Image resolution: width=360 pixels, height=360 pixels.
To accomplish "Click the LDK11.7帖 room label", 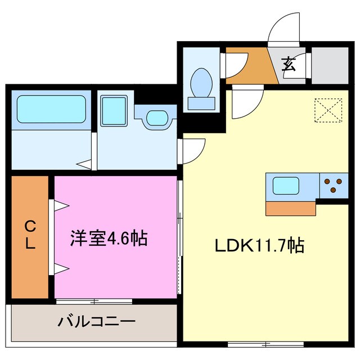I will (x=259, y=245).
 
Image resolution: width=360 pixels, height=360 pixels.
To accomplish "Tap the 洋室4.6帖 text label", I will (x=109, y=238).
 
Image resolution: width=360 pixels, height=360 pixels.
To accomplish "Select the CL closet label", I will (x=30, y=236).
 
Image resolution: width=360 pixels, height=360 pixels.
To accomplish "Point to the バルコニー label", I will (x=96, y=322).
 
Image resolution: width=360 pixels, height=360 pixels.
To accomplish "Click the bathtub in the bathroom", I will (x=51, y=109).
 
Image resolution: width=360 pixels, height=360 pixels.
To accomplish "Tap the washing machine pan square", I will (x=115, y=111).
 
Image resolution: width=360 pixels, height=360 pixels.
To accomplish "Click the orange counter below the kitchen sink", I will (x=290, y=208).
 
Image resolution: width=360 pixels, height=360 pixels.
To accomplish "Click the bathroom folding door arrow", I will (x=85, y=164).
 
